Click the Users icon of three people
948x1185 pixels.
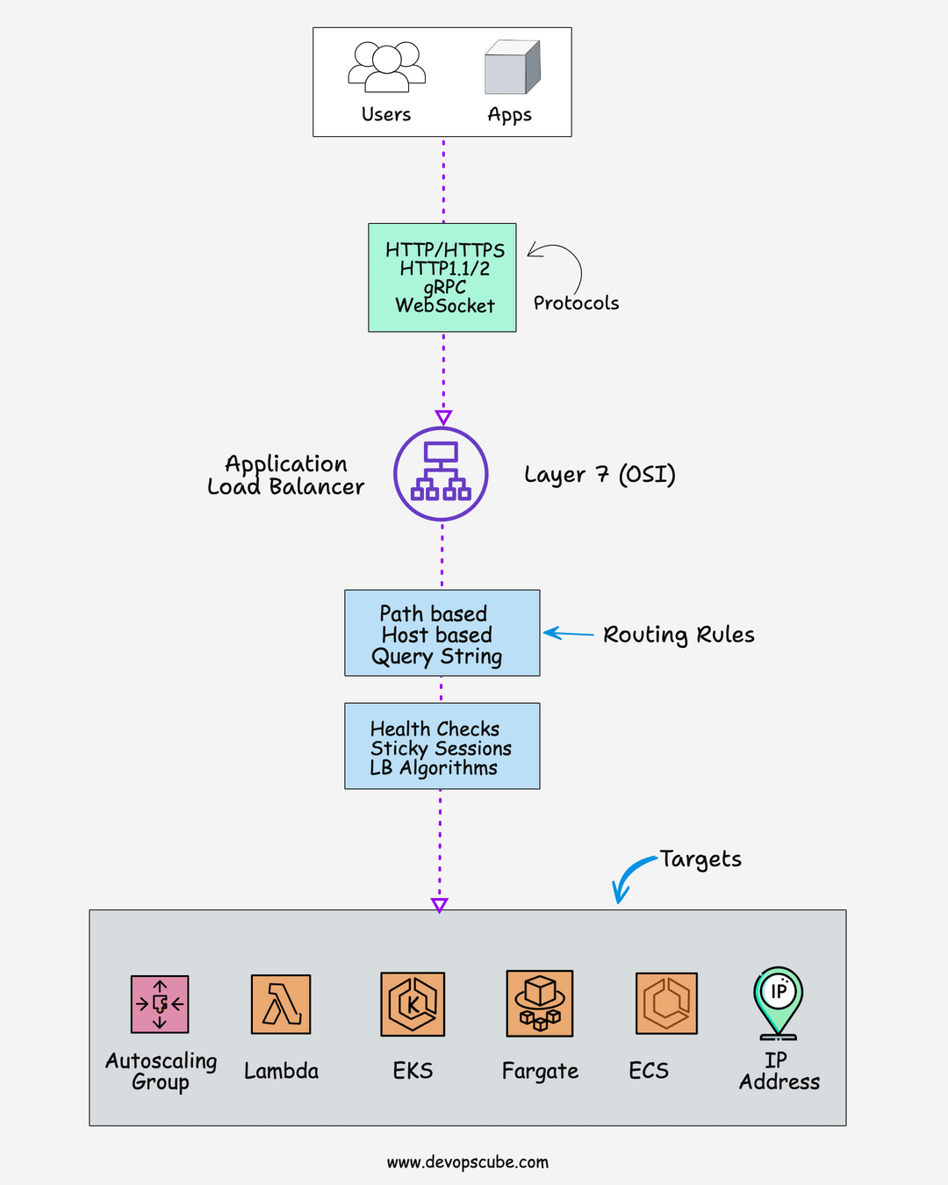pyautogui.click(x=386, y=67)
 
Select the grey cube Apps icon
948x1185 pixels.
pyautogui.click(x=512, y=68)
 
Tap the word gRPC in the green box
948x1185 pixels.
pyautogui.click(x=444, y=287)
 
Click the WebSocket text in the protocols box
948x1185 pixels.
pyautogui.click(x=444, y=305)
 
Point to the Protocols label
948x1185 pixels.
pyautogui.click(x=576, y=303)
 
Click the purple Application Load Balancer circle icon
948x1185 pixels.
pyautogui.click(x=441, y=474)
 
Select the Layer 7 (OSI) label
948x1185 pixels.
pyautogui.click(x=600, y=475)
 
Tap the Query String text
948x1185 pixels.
pyautogui.click(x=436, y=657)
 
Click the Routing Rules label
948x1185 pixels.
pyautogui.click(x=679, y=635)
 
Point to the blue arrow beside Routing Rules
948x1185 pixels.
pyautogui.click(x=568, y=633)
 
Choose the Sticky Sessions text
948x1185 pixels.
pyautogui.click(x=441, y=749)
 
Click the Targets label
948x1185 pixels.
pyautogui.click(x=700, y=859)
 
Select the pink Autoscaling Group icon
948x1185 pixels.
pyautogui.click(x=160, y=1004)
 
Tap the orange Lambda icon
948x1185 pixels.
pyautogui.click(x=281, y=1004)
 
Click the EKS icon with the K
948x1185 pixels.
pyautogui.click(x=413, y=1004)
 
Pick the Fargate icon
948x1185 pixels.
pyautogui.click(x=540, y=1003)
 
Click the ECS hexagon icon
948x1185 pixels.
pyautogui.click(x=666, y=1003)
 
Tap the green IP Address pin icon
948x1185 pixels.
pyautogui.click(x=778, y=1001)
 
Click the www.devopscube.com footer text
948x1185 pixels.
pyautogui.click(x=467, y=1162)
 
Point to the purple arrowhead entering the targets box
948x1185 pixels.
pyautogui.click(x=440, y=905)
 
